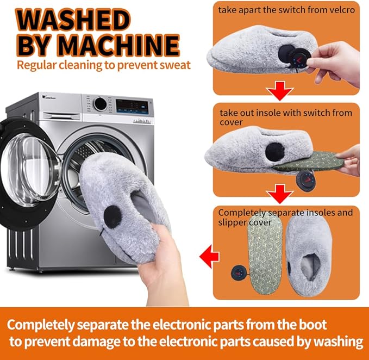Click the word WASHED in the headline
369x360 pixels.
[x=73, y=20]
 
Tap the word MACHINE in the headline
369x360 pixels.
[x=118, y=45]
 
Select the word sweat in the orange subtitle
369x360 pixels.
[x=175, y=65]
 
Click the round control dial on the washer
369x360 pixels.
[x=100, y=104]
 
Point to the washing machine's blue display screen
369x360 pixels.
[x=132, y=107]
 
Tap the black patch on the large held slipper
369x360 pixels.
[x=113, y=217]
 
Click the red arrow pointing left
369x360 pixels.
[x=209, y=256]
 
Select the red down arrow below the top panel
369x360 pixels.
[x=280, y=91]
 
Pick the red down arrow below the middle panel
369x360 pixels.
[x=280, y=194]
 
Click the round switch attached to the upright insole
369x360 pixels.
[x=240, y=272]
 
